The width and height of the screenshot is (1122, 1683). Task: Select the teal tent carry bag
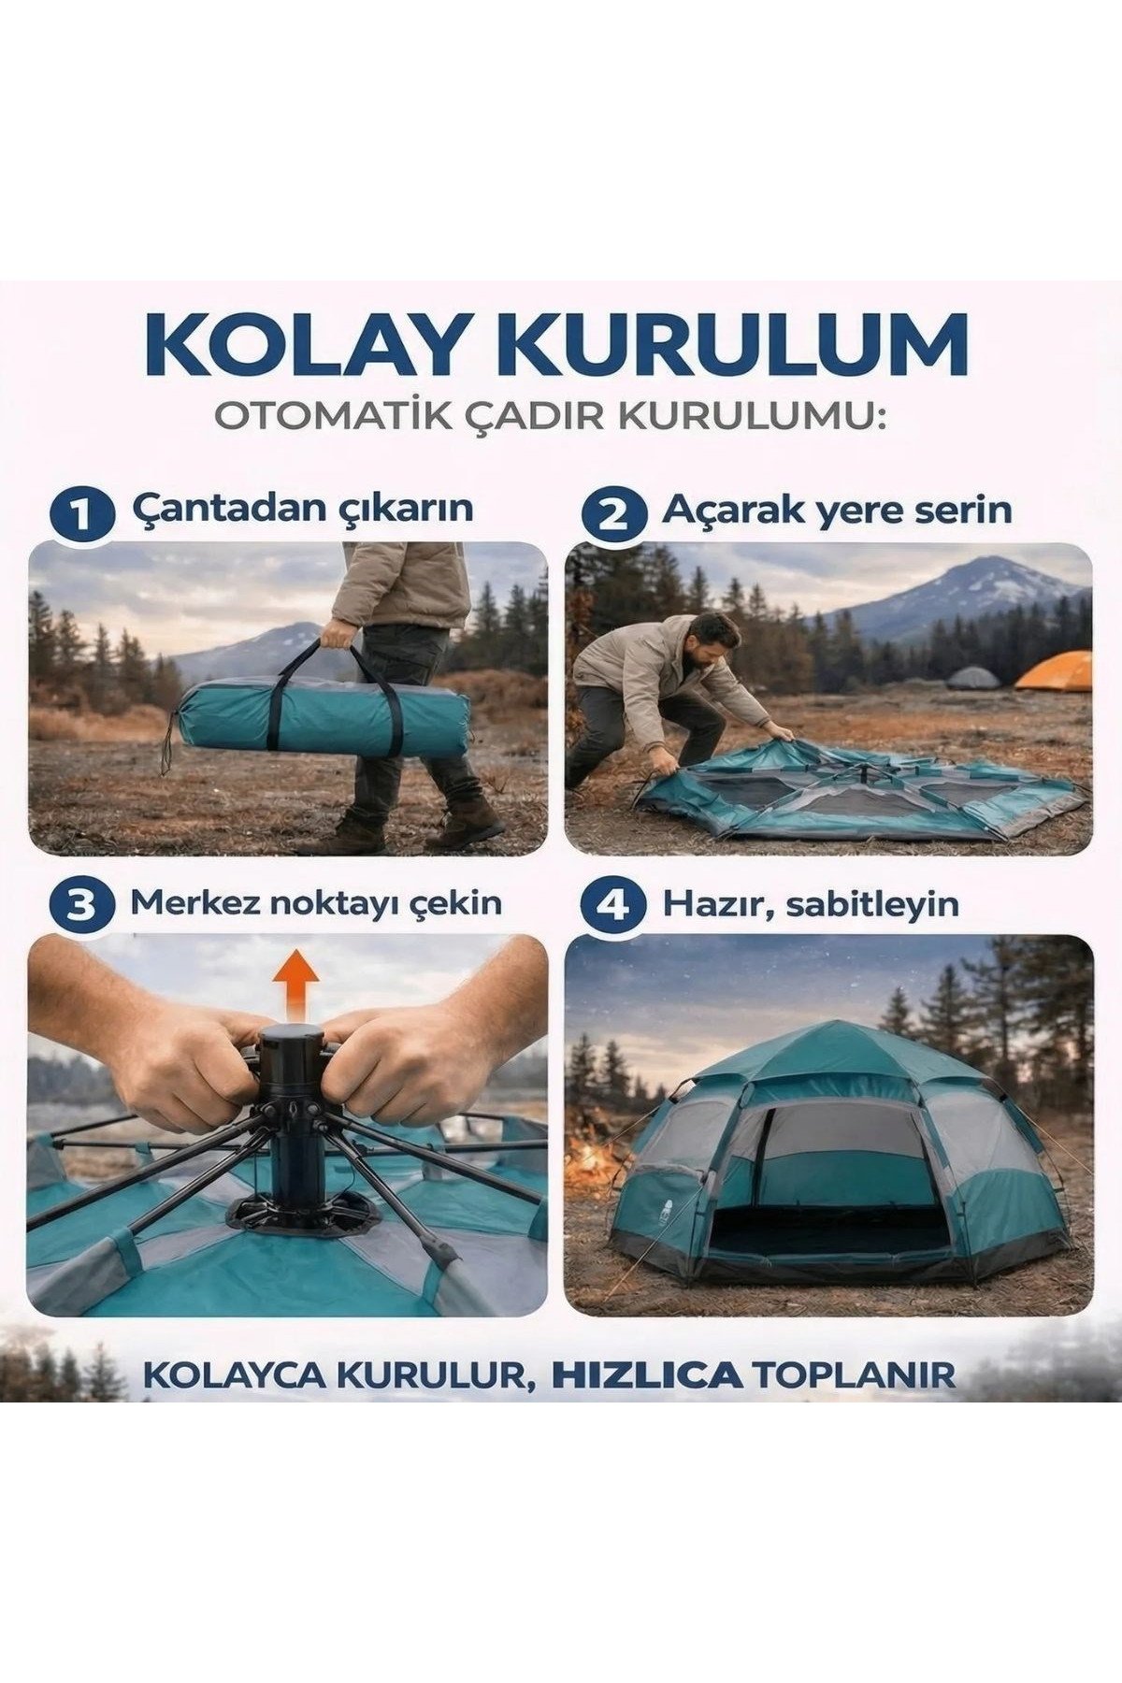323,717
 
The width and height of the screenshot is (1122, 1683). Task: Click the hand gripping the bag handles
338,635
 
